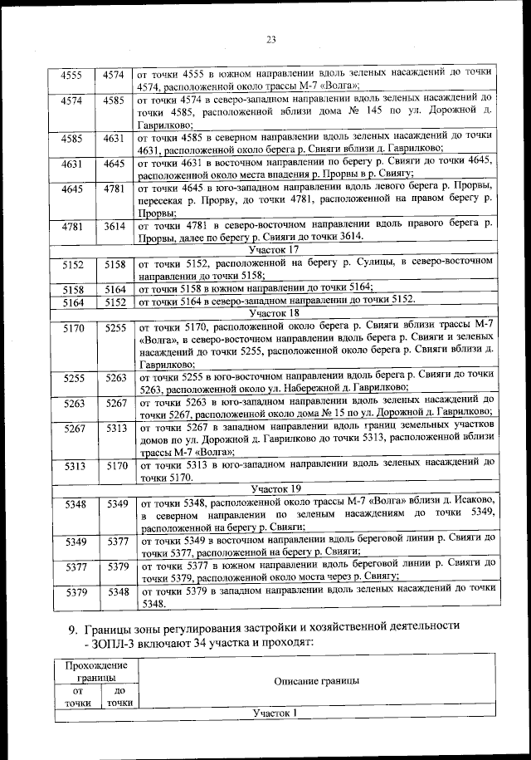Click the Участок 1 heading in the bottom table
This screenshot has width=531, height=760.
tap(274, 713)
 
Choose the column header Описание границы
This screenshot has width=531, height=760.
tap(316, 680)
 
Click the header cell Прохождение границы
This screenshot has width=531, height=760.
tap(90, 671)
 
